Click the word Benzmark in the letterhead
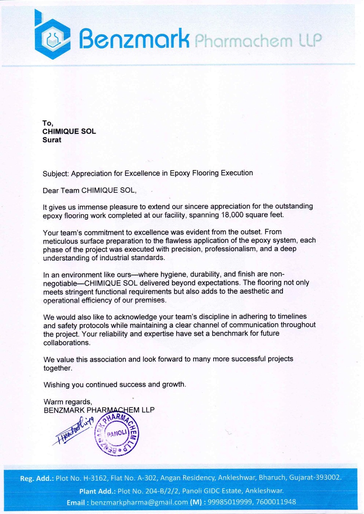[x=134, y=39]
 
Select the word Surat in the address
[x=52, y=140]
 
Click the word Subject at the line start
[x=55, y=174]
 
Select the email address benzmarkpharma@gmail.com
[x=139, y=502]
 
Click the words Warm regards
[x=68, y=402]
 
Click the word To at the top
[x=47, y=123]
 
